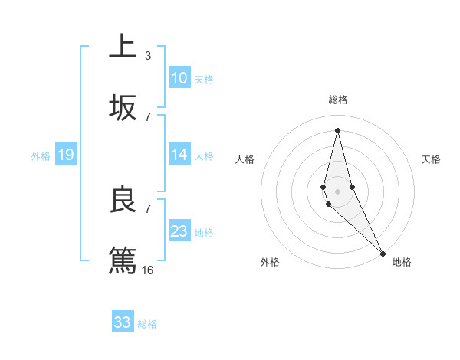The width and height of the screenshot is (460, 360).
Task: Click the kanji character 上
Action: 123,46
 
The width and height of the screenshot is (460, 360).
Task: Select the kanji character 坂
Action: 123,108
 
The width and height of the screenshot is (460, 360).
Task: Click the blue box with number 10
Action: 179,78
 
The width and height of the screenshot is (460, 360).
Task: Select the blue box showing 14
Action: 179,155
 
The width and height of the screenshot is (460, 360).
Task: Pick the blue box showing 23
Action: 179,231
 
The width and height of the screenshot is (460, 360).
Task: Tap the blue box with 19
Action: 65,155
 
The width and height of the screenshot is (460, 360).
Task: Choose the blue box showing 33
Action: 123,322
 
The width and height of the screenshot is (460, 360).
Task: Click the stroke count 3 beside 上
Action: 148,55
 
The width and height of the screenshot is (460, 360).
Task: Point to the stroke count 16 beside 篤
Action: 148,270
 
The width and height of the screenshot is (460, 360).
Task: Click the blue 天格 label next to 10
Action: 204,79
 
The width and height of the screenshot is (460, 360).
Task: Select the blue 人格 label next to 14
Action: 204,155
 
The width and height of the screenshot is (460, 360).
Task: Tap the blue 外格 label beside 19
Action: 41,156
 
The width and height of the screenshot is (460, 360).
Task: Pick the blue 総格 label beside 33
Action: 147,324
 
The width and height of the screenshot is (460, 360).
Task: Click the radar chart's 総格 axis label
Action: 338,100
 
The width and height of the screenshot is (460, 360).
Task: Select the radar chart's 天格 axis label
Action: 432,159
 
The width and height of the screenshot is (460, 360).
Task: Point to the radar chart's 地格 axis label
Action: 402,262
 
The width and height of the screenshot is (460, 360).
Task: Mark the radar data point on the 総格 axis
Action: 337,129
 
